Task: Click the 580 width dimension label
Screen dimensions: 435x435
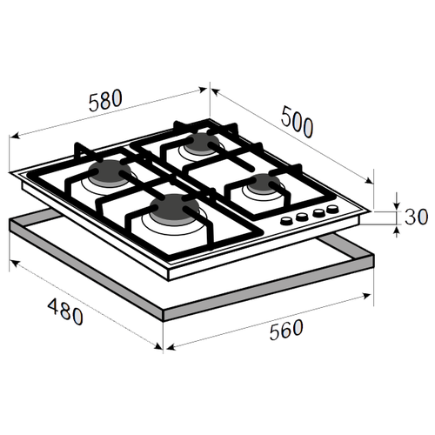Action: tap(105, 100)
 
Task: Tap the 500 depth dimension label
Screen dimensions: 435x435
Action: tap(297, 122)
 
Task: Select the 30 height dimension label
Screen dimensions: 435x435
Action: tap(416, 217)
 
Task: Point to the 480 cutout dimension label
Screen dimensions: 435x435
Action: tap(65, 311)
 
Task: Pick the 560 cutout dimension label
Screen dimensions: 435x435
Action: tap(286, 330)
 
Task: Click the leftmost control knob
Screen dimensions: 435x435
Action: tap(287, 221)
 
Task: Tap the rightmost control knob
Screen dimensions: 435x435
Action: tap(332, 209)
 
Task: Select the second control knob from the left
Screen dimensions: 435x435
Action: tap(302, 217)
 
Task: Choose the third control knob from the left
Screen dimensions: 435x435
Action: tap(318, 213)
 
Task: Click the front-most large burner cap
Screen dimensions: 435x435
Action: tap(175, 208)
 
